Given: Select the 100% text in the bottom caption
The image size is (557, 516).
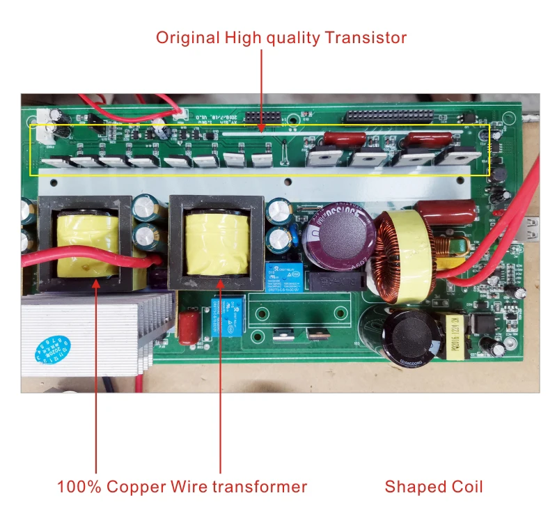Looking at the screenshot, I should point(79,486).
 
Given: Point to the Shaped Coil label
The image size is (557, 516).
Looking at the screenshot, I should point(434,486).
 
